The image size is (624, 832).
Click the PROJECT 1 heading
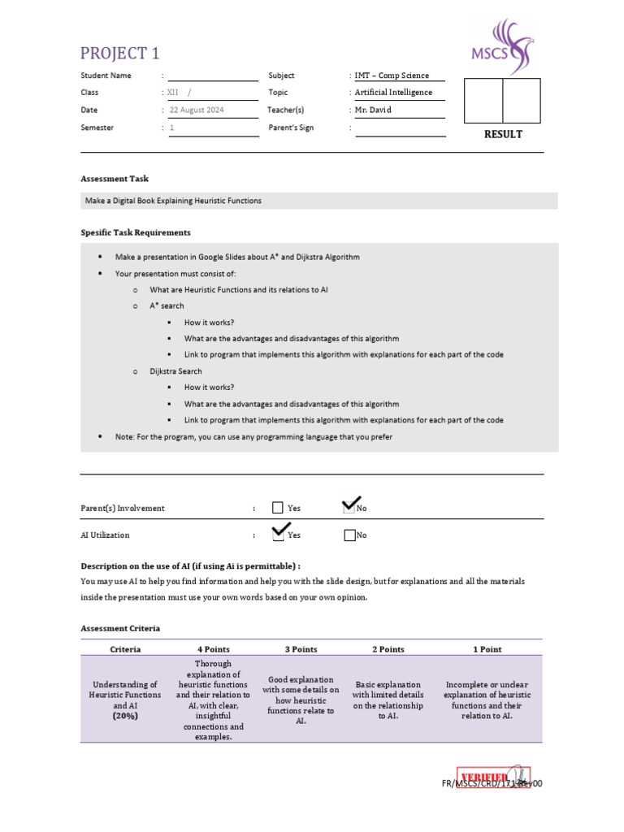[x=120, y=54]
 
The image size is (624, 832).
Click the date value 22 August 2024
[x=197, y=110]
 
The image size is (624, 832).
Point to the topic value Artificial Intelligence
[x=393, y=93]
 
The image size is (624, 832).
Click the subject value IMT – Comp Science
[x=392, y=76]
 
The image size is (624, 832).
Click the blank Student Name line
[x=212, y=76]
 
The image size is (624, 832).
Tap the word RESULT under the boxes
[x=503, y=135]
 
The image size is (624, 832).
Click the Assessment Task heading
[x=115, y=179]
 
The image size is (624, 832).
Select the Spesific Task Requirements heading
[x=136, y=232]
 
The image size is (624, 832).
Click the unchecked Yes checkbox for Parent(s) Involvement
[x=278, y=508]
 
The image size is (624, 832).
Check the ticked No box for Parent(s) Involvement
[x=349, y=508]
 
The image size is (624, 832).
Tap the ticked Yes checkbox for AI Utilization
[x=279, y=535]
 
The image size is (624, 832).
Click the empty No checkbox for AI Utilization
[x=349, y=535]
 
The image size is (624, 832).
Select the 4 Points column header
[x=214, y=649]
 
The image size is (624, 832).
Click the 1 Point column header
[x=487, y=649]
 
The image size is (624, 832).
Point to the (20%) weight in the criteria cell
[x=125, y=717]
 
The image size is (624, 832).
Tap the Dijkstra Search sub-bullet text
[x=175, y=371]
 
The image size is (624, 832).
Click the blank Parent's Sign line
[x=401, y=128]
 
